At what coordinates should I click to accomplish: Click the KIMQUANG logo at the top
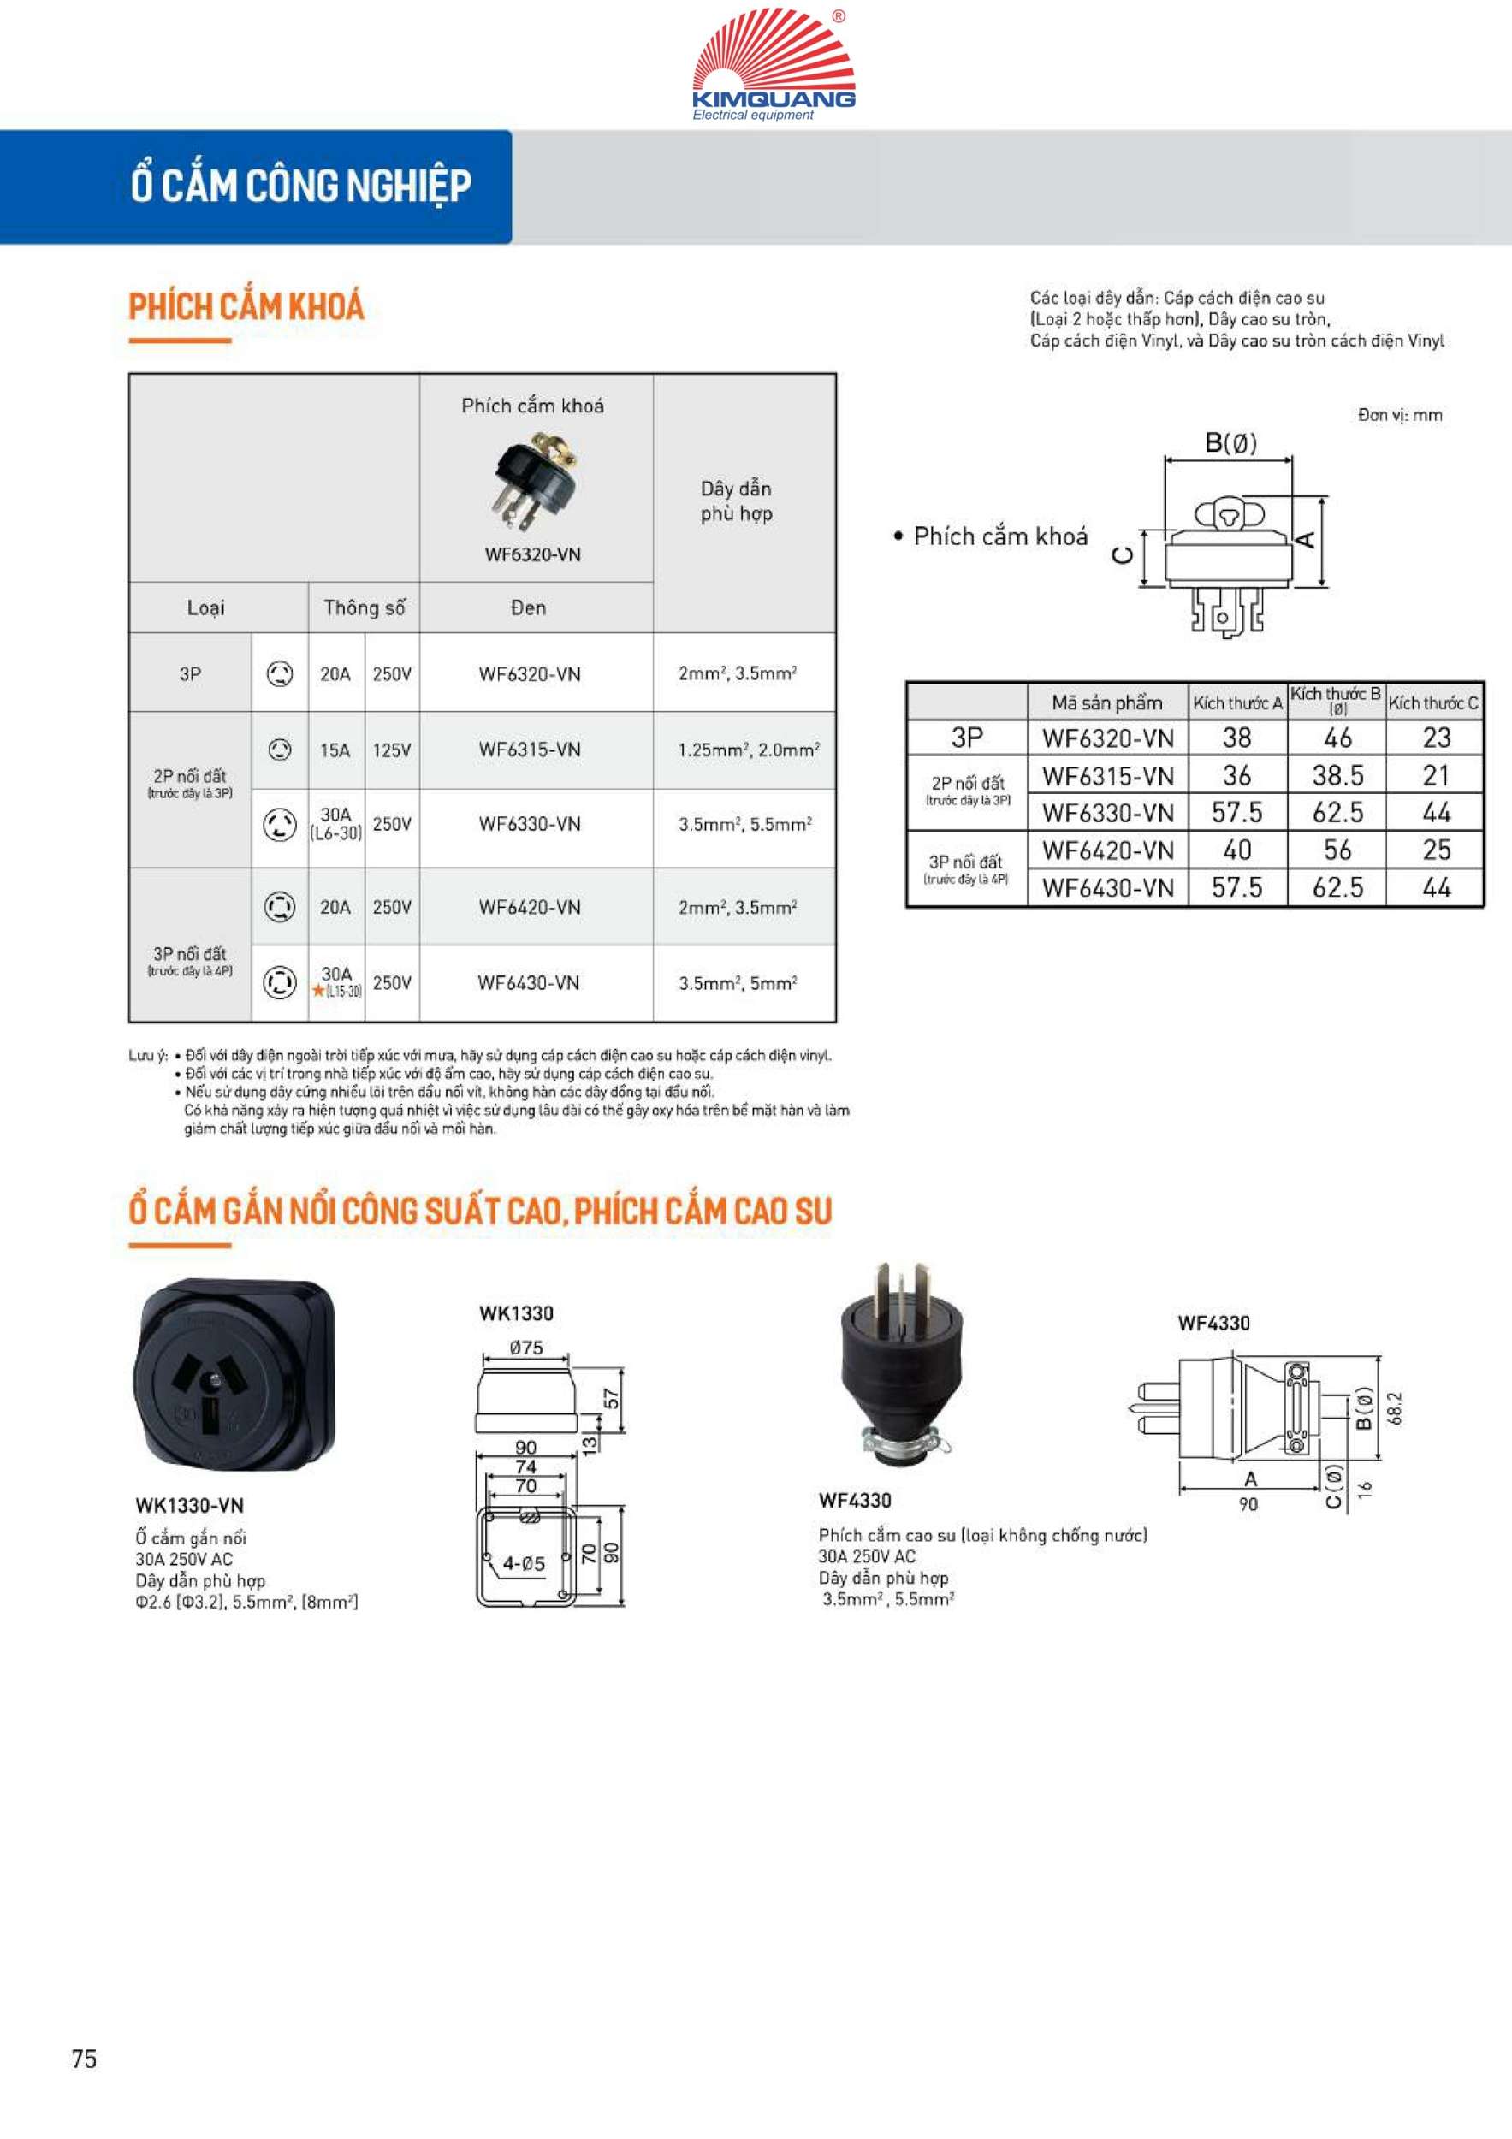pos(774,63)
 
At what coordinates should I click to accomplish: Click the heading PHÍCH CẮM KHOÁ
pos(246,306)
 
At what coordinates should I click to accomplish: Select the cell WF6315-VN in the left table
pos(529,750)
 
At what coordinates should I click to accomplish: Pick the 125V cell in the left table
pos(391,750)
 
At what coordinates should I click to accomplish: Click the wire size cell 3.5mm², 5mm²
pos(737,983)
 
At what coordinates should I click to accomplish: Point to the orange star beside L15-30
pos(318,992)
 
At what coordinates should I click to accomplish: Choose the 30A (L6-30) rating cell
pos(336,824)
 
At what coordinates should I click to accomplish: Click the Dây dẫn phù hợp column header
pos(736,501)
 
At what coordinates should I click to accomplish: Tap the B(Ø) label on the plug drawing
pos(1230,443)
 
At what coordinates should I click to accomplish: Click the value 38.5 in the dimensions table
pos(1337,775)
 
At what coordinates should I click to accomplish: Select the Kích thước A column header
pos(1237,703)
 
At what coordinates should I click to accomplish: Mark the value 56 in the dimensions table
pos(1337,850)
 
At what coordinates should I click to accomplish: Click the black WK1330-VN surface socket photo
pos(235,1375)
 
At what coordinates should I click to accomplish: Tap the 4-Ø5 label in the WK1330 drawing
pos(524,1564)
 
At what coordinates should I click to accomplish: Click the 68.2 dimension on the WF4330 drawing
pos(1395,1408)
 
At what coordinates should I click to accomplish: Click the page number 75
pos(84,2059)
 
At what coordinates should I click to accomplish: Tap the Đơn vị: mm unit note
pos(1399,416)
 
